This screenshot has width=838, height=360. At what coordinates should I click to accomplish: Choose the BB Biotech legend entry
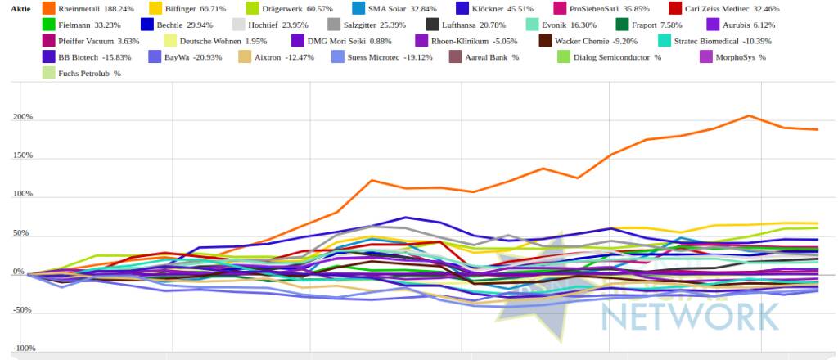tap(89, 57)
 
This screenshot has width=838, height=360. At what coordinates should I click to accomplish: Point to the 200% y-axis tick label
tap(22, 117)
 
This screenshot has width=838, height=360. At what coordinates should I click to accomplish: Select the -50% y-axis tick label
tap(22, 310)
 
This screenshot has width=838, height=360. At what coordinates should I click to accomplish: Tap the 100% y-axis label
tap(22, 195)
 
